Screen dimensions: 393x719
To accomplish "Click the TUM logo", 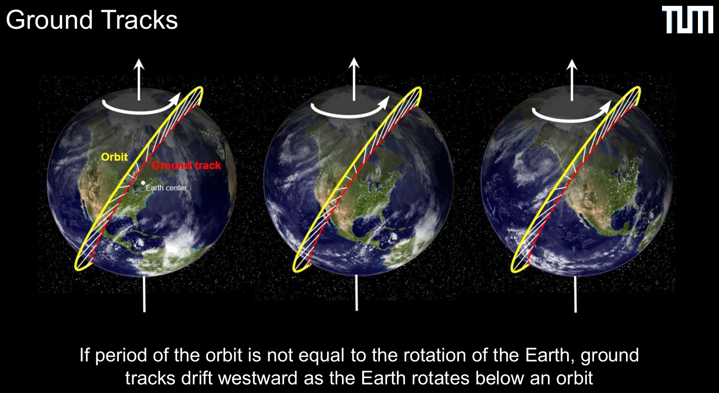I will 688,20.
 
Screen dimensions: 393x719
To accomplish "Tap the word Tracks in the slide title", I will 139,20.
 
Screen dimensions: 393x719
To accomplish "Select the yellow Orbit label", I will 114,157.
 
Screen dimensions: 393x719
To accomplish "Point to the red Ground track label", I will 186,166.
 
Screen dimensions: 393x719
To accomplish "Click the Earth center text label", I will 166,188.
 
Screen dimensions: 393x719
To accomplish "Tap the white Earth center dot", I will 143,183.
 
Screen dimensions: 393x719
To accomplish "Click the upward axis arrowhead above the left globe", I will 139,64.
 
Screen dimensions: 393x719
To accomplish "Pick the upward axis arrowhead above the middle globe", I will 354,62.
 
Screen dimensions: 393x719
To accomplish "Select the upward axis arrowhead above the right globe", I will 571,65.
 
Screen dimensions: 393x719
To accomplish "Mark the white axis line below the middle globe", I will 356,292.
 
